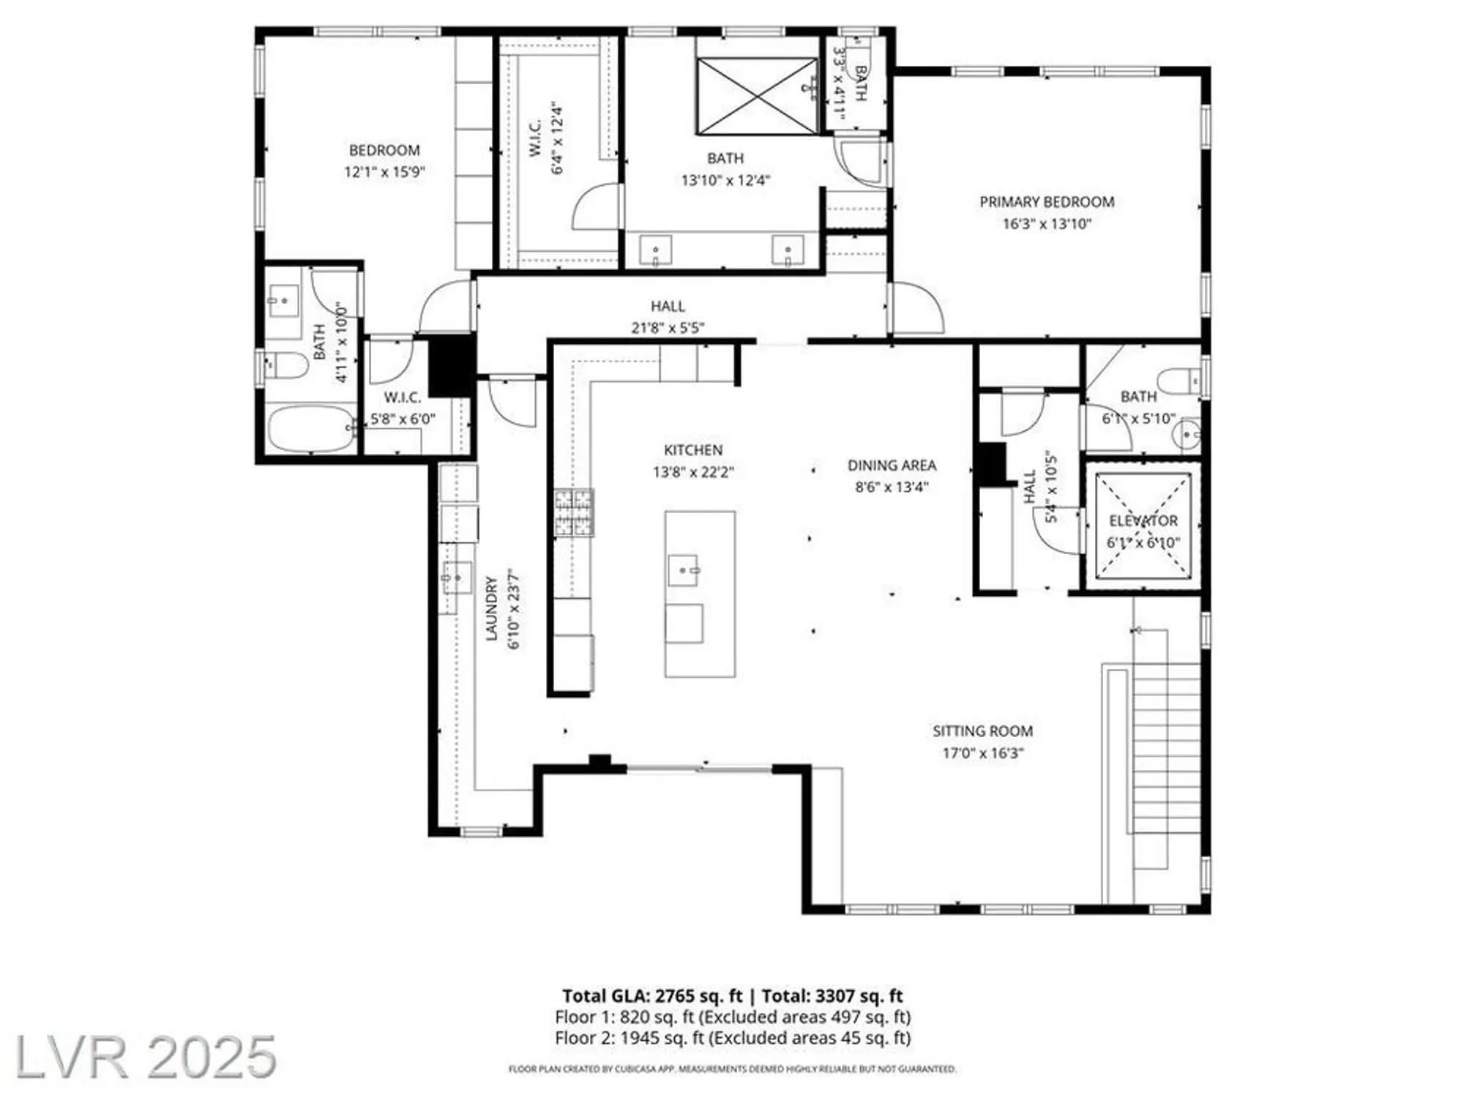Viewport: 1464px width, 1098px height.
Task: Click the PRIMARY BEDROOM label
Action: [x=1047, y=202]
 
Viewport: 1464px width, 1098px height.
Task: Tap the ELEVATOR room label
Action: [x=1143, y=521]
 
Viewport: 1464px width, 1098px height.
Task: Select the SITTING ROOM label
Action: [x=982, y=731]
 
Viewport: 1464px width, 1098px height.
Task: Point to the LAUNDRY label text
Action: [x=492, y=609]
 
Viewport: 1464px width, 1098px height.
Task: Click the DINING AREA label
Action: [x=892, y=466]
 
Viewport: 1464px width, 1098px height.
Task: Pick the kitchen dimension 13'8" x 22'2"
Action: [x=693, y=473]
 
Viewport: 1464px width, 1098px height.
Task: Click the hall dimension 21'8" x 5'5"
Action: [x=668, y=328]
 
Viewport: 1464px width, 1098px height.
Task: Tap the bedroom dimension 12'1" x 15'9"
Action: [x=384, y=173]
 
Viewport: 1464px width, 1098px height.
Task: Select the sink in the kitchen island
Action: [x=684, y=570]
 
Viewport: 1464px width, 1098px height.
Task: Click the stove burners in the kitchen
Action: [x=574, y=513]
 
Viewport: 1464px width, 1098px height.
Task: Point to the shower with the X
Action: [x=758, y=97]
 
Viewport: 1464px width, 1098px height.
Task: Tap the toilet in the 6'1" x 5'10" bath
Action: [x=1179, y=381]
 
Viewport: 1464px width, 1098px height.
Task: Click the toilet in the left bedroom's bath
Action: [x=286, y=365]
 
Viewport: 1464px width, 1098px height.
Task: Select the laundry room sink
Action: [x=457, y=578]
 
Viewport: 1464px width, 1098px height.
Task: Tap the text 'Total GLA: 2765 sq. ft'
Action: [x=652, y=996]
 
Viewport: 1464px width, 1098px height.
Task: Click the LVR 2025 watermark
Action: [x=146, y=1057]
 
